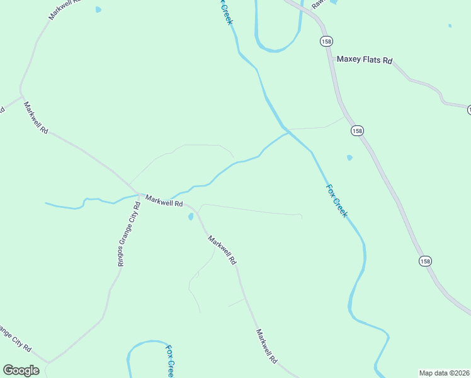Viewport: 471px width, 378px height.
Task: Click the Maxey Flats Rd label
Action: (x=365, y=60)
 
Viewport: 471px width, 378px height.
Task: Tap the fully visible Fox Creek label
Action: (x=336, y=200)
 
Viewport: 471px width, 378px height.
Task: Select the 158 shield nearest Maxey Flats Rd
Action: (x=326, y=41)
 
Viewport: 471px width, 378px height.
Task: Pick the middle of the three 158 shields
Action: (x=357, y=130)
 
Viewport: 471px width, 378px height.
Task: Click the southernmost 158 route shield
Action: (x=426, y=261)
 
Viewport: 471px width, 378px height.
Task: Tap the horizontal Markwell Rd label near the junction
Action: (x=164, y=201)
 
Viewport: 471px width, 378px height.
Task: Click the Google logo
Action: (x=21, y=370)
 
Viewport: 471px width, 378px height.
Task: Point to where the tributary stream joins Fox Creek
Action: (x=288, y=132)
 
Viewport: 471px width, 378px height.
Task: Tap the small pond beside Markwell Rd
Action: (x=190, y=217)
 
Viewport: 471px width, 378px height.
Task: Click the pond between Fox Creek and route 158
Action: (x=349, y=157)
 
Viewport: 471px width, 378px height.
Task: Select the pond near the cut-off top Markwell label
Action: (x=98, y=10)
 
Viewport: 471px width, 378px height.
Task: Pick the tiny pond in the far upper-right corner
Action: (x=450, y=26)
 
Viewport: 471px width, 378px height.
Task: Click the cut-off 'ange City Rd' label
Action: (x=16, y=339)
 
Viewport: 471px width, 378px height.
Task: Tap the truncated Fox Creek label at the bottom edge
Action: (x=169, y=360)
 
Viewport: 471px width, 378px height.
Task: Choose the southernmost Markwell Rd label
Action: (x=267, y=346)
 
